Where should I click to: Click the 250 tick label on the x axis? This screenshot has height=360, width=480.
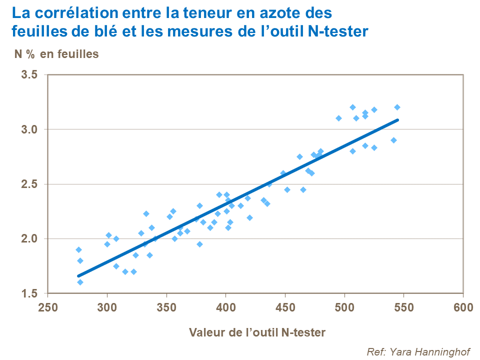(47, 306)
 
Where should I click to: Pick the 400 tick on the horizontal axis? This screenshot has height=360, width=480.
(225, 306)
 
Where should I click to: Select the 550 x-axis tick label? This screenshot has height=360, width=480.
(403, 306)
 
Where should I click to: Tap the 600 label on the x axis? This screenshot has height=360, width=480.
(462, 306)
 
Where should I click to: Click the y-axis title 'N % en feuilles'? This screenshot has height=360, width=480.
(56, 54)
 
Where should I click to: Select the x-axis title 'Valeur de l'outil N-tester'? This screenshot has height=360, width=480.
(257, 331)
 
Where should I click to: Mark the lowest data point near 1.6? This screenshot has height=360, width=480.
(80, 282)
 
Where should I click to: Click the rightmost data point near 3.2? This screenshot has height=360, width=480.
(397, 107)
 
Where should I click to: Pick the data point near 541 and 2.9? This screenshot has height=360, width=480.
(393, 140)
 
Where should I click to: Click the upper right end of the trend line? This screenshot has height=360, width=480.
(397, 119)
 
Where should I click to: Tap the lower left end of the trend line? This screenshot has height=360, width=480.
(78, 275)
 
